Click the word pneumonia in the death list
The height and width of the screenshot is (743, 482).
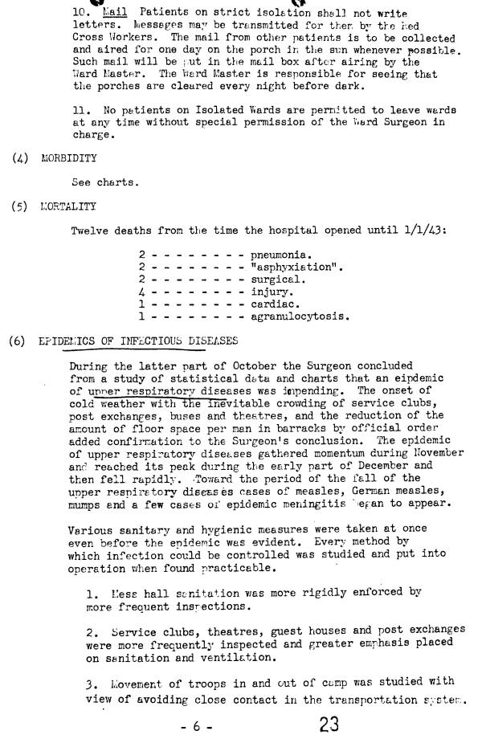pos(279,255)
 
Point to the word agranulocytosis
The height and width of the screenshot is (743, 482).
pos(300,316)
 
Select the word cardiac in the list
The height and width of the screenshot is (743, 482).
pos(273,304)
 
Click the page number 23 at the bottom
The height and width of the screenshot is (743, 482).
pos(329,724)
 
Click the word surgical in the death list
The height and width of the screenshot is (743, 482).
pos(277,279)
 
